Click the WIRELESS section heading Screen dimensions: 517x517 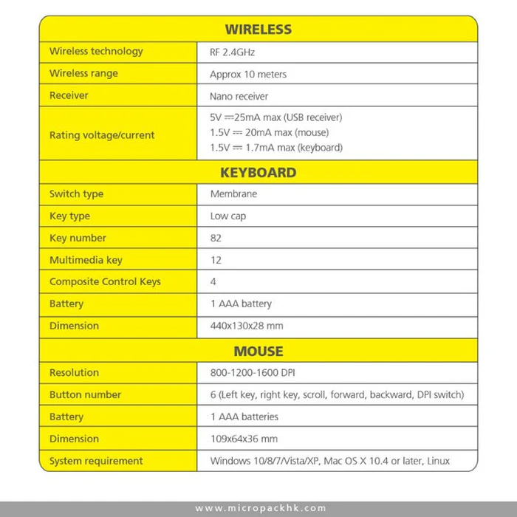pos(258,30)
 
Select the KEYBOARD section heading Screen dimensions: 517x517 pos(258,173)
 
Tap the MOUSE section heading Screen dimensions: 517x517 pos(258,351)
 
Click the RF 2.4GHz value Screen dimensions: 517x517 pos(233,52)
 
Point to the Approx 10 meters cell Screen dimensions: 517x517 pos(248,75)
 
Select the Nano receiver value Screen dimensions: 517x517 pos(239,96)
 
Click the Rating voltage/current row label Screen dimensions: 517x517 pos(102,135)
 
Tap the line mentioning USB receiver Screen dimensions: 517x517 pos(276,117)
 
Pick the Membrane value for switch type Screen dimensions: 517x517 pos(233,194)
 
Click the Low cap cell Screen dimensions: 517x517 pos(228,216)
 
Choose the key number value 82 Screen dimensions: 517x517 pos(216,238)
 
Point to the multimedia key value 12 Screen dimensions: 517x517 pos(216,260)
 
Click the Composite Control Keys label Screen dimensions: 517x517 pos(105,281)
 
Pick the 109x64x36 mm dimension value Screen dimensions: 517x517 pos(244,439)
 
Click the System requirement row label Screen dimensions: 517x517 pos(96,461)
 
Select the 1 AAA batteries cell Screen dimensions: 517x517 pos(244,417)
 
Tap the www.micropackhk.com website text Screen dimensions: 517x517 pos(260,508)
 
